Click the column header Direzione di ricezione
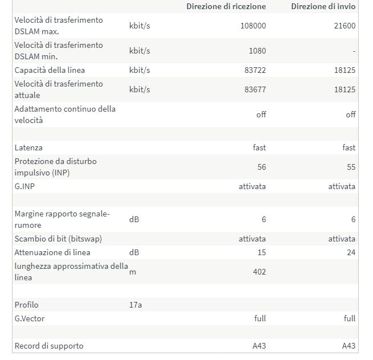[226, 6]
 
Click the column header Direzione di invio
[323, 6]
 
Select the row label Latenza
[29, 148]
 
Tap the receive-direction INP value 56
[261, 167]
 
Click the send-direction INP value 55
[351, 167]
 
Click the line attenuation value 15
[261, 252]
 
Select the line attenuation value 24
[351, 252]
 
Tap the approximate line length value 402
[259, 272]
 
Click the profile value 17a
[135, 305]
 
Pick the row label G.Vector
[29, 318]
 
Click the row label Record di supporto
[48, 346]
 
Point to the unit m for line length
[132, 272]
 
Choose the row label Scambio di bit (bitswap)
[58, 239]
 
